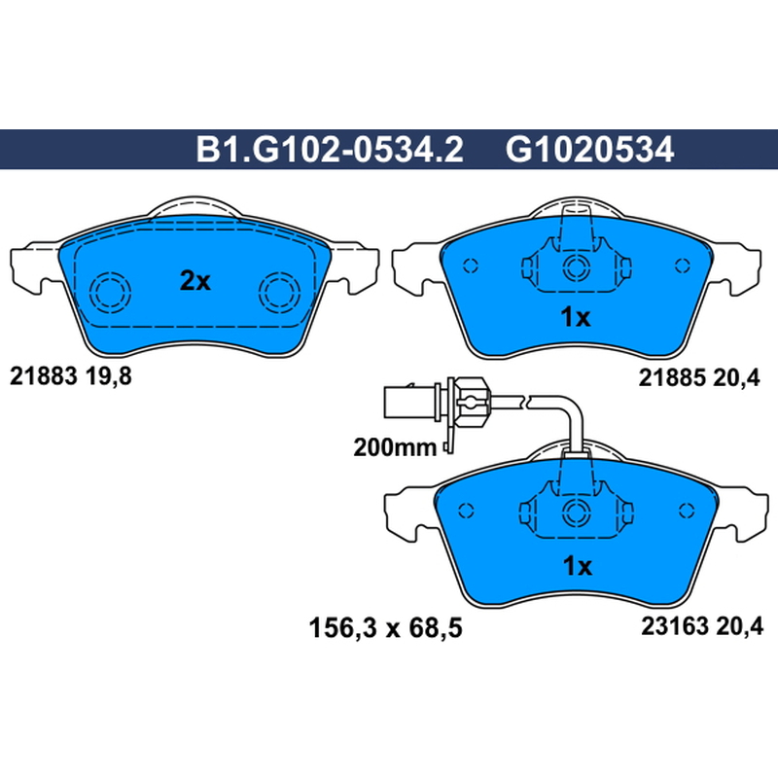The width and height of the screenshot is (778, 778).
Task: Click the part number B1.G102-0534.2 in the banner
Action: (330, 150)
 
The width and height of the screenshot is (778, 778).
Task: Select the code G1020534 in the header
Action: (589, 150)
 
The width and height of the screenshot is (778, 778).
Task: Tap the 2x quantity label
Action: (195, 281)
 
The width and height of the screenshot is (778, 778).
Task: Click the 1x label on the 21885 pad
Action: (576, 317)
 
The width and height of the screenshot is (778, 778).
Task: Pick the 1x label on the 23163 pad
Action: (578, 565)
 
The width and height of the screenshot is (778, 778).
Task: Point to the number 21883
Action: (44, 376)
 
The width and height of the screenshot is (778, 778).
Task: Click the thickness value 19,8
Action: (109, 376)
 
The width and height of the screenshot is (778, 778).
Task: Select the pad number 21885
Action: (672, 378)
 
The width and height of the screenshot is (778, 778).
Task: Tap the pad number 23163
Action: (675, 626)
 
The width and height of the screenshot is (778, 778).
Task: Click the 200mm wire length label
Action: (395, 447)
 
